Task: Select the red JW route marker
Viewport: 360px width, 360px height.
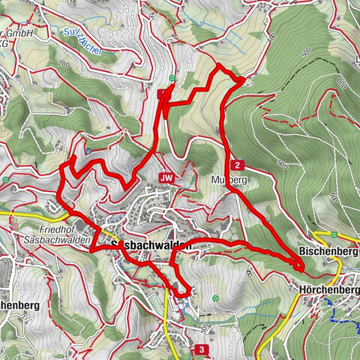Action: pyautogui.click(x=166, y=178)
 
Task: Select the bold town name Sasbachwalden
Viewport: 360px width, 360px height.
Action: pyautogui.click(x=151, y=245)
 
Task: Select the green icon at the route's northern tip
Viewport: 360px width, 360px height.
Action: pyautogui.click(x=172, y=77)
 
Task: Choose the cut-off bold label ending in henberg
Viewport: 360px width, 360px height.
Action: pyautogui.click(x=19, y=306)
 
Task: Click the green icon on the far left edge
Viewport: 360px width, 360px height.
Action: pyautogui.click(x=4, y=180)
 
